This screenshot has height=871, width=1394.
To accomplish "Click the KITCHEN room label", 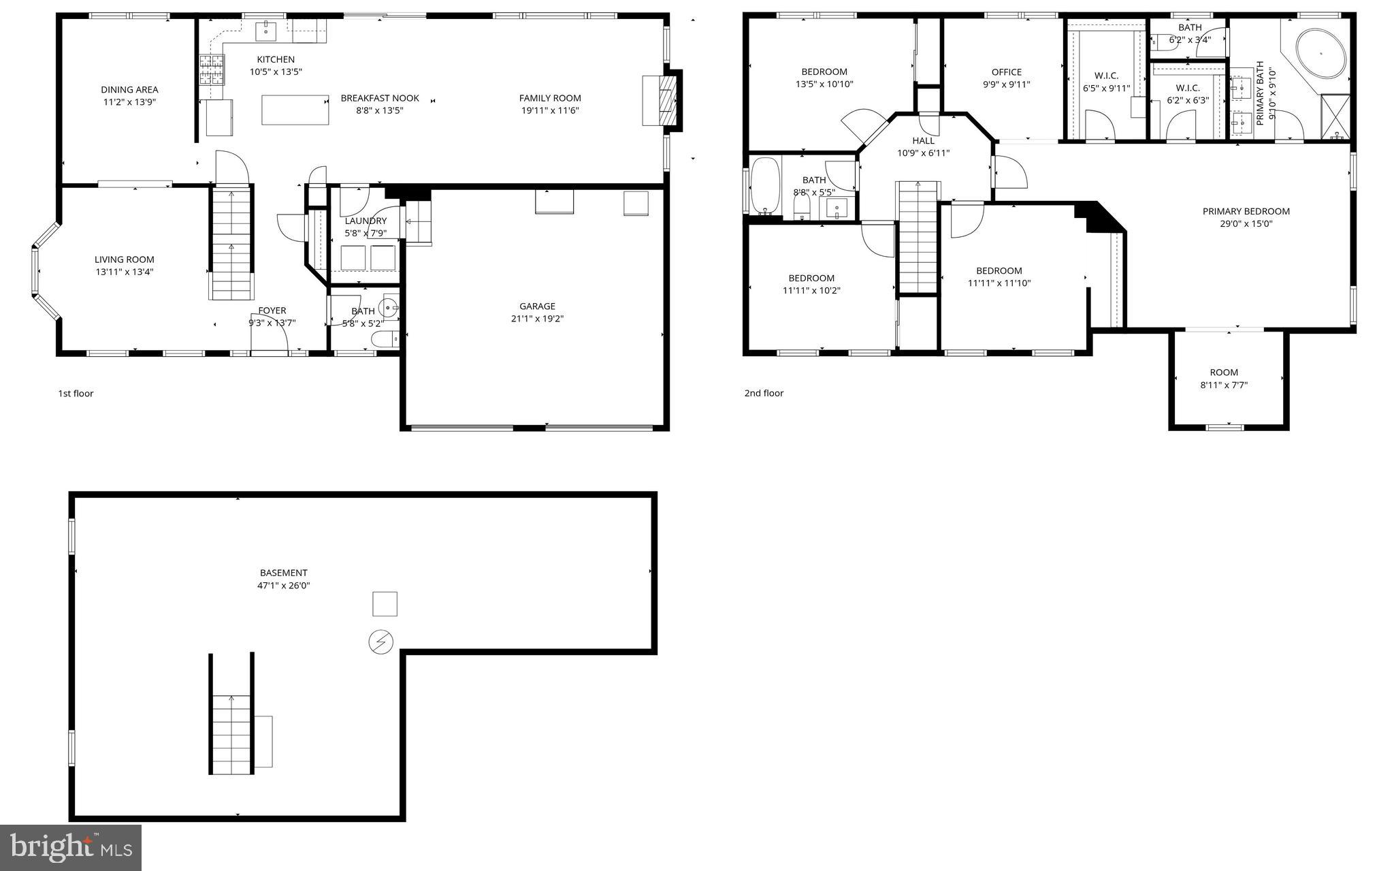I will [x=276, y=59].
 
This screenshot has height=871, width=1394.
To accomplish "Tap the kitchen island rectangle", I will [x=295, y=110].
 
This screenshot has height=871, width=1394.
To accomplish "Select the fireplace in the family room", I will [x=661, y=101].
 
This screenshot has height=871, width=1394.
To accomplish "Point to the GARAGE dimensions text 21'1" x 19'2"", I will [x=537, y=318].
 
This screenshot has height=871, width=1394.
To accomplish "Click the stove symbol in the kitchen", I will [x=211, y=69].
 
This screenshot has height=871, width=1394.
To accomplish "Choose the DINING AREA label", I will [x=129, y=89].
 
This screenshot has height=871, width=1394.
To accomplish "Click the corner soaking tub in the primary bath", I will [x=1320, y=53].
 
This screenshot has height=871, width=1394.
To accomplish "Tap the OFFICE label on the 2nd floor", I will [x=1006, y=72].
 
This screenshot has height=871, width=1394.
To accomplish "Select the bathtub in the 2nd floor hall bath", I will [x=764, y=186].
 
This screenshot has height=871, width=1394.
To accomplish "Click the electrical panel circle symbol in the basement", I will [x=381, y=642].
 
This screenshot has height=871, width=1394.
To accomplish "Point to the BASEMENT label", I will [x=283, y=573].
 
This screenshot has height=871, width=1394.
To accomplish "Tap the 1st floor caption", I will [x=76, y=394].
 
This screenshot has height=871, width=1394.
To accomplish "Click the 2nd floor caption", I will [x=764, y=393].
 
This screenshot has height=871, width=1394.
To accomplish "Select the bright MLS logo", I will [x=71, y=847].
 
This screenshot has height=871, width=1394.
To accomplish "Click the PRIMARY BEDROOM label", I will [x=1246, y=211].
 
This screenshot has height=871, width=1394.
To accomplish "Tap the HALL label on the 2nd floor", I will [x=923, y=141].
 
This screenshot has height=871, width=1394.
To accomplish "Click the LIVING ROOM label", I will [x=124, y=259].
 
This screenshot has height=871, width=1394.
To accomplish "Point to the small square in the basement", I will [x=385, y=604].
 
